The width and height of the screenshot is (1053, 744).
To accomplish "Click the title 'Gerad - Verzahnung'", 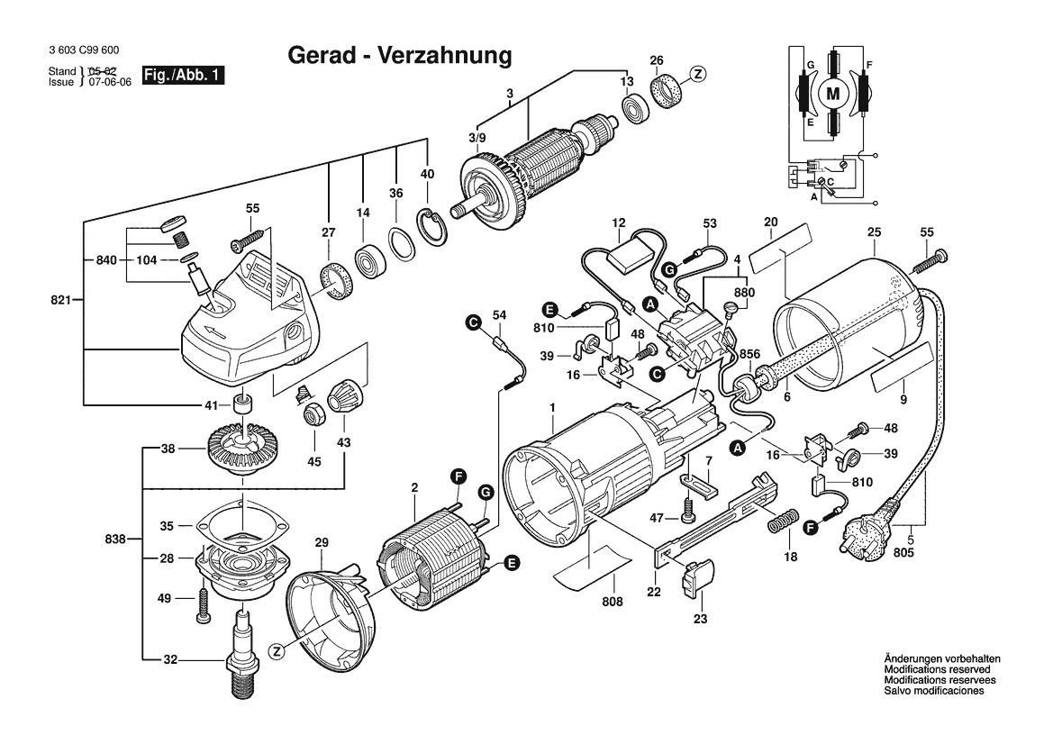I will (x=399, y=56).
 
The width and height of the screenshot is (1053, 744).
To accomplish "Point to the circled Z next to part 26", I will (x=699, y=75).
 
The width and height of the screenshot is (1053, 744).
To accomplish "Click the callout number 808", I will (x=613, y=601).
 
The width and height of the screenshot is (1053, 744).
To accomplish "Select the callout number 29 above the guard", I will (x=322, y=542).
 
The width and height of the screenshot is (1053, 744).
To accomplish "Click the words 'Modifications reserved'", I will (x=937, y=670).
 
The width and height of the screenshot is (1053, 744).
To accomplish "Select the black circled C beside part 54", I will (x=472, y=321).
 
